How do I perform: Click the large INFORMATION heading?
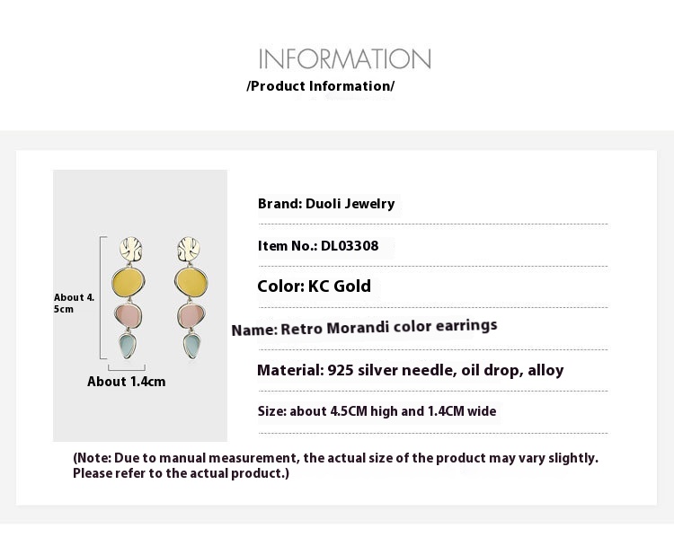pos(344,59)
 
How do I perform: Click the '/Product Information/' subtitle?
pos(320,86)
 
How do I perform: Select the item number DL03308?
pos(350,246)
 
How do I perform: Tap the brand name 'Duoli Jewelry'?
pos(350,204)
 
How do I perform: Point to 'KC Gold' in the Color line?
pos(339,286)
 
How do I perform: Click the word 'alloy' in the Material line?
pos(545,370)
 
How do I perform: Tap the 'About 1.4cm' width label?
pos(127,382)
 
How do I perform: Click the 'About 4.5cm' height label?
pos(74,303)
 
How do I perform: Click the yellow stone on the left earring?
pos(129,283)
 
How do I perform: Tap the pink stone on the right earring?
pos(191,316)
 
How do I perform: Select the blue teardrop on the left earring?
pos(128,345)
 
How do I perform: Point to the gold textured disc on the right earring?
pos(189,249)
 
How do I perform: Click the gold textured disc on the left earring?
pos(130,249)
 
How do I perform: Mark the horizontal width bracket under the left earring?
pos(127,369)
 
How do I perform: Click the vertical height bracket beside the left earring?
pos(101,297)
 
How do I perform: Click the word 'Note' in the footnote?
pos(93,458)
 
